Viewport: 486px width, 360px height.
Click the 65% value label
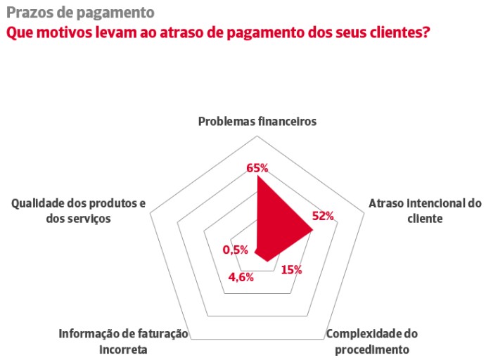(257, 168)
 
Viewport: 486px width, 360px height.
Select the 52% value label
(322, 216)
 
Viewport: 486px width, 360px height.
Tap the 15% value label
(291, 269)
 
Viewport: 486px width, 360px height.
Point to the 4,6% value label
(241, 276)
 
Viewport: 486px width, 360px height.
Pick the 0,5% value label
(236, 250)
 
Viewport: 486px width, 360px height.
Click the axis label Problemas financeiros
(257, 121)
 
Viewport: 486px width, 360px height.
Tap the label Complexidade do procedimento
(377, 341)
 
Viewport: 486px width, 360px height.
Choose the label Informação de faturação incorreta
(124, 341)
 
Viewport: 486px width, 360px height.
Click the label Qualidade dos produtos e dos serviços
(78, 211)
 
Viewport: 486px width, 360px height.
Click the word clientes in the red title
(395, 32)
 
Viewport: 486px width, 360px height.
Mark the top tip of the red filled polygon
(257, 176)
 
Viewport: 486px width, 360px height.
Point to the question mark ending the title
(426, 32)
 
